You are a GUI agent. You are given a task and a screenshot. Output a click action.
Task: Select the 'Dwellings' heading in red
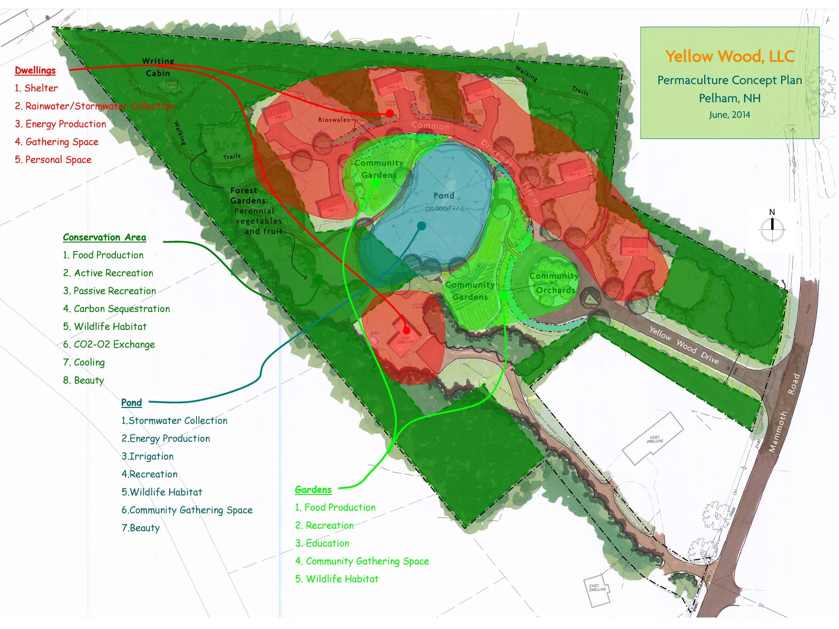pos(35,70)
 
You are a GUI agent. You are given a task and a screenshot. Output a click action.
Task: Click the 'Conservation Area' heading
pos(104,238)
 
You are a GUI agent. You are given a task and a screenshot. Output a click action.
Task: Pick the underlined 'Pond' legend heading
pos(131,402)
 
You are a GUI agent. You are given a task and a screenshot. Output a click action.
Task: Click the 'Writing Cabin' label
pos(158,67)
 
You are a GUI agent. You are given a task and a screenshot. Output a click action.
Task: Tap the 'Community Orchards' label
pos(554,283)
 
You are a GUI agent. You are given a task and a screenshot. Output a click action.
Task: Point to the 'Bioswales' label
pos(334,120)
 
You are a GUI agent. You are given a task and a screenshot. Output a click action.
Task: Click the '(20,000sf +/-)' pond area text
pos(444,209)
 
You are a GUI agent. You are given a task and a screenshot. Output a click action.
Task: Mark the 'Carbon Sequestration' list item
pos(121,309)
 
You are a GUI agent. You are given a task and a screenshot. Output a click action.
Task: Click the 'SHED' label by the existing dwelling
pos(375,333)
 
